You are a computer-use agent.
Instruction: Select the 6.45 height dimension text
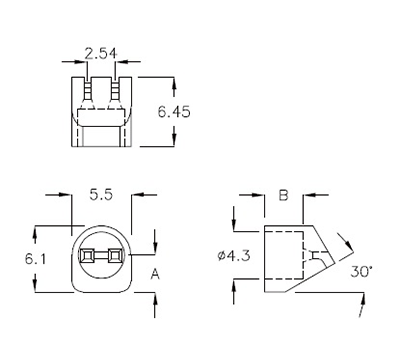point(174,112)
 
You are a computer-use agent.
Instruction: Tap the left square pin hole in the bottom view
point(88,258)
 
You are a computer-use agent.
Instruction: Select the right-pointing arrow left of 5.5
point(66,212)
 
